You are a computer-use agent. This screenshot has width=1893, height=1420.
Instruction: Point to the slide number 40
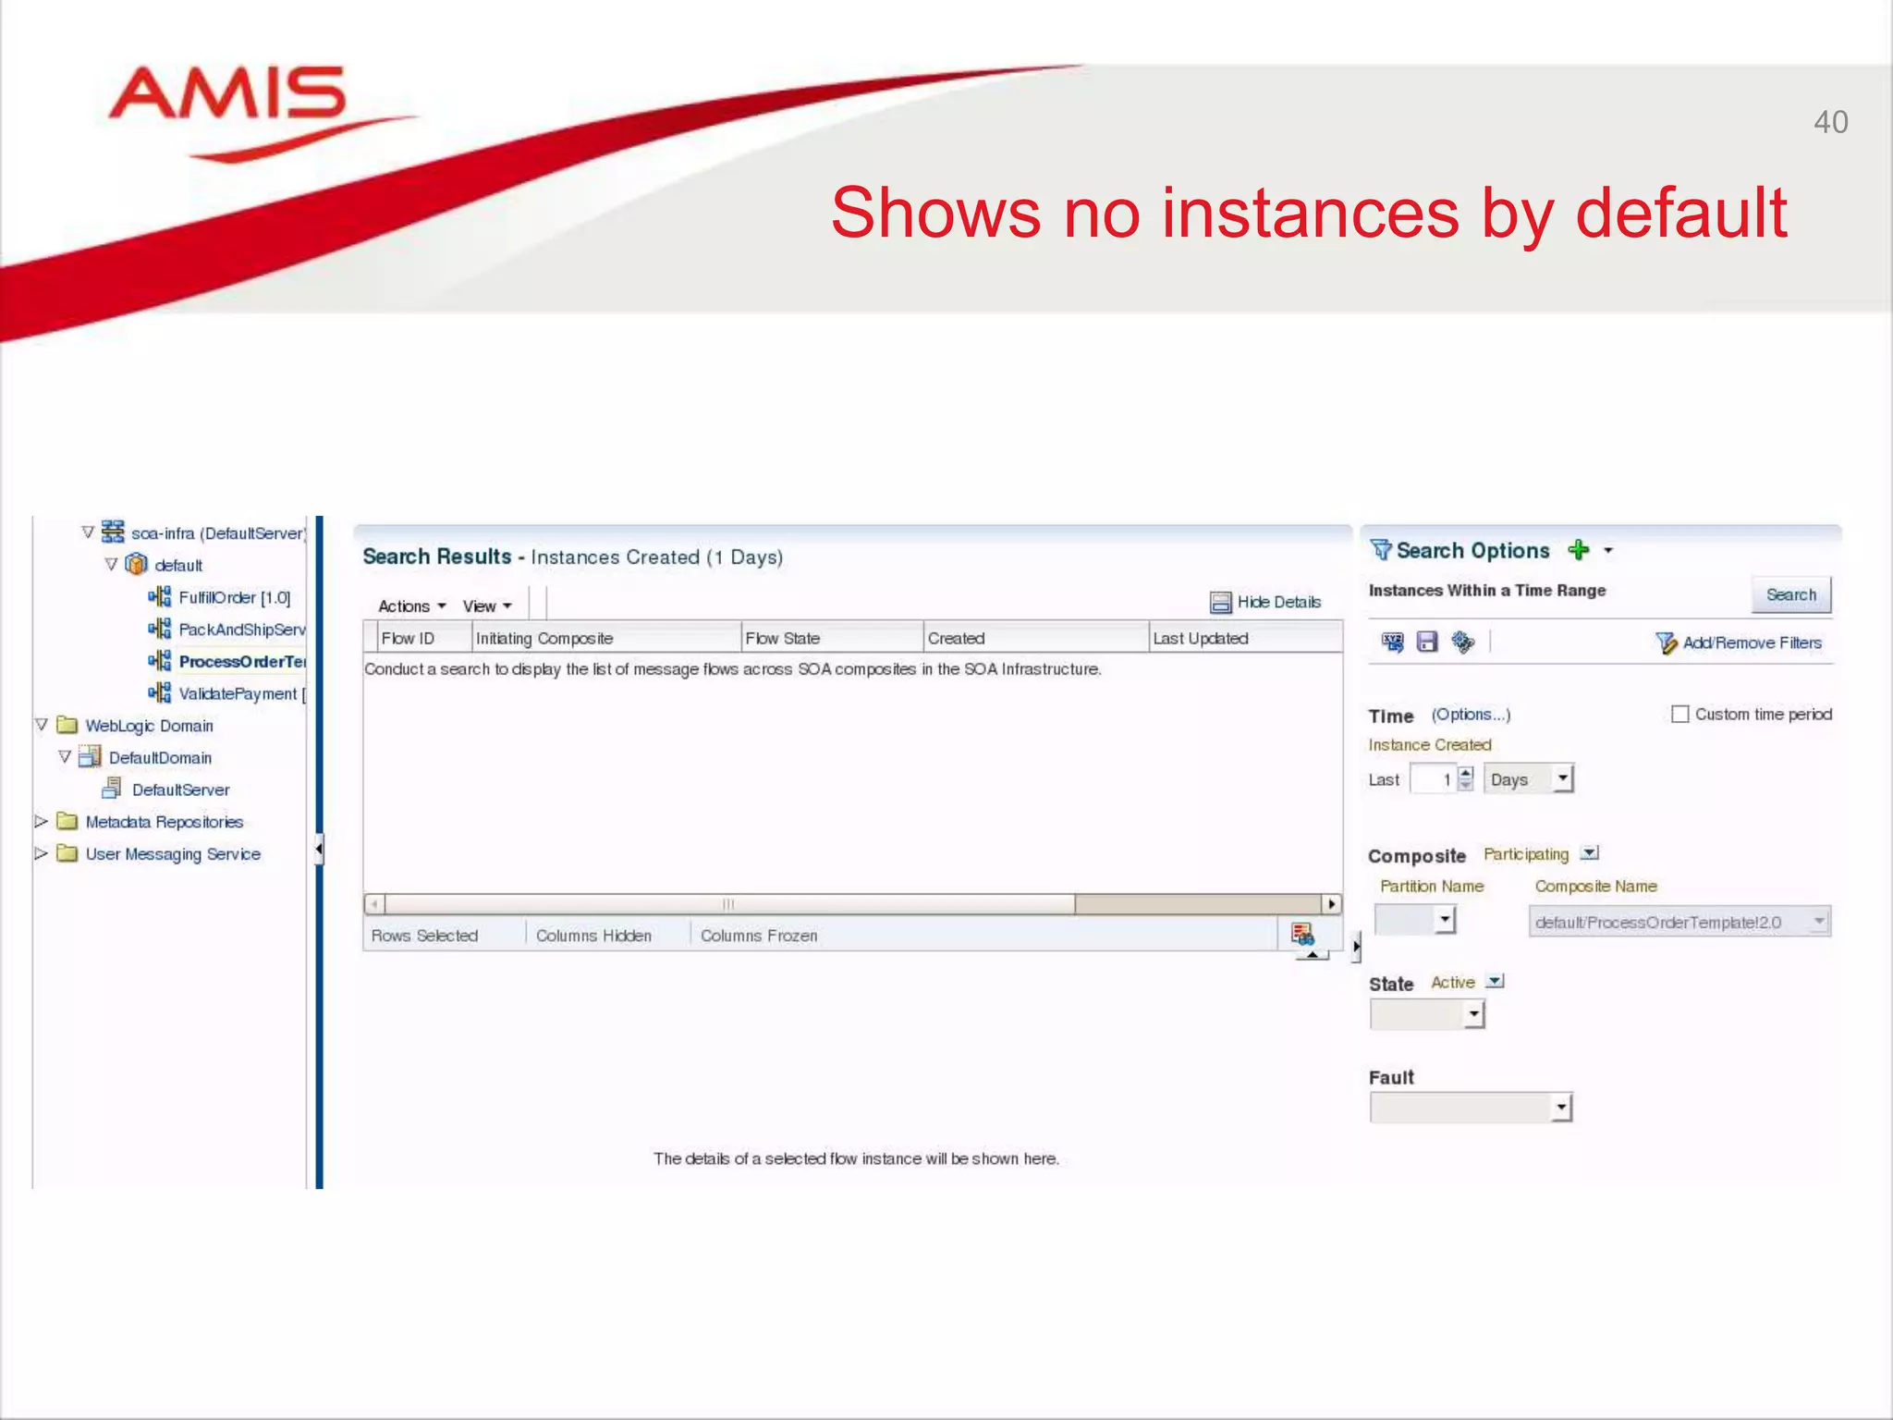[1829, 122]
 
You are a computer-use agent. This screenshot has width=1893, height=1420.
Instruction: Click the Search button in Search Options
[1790, 594]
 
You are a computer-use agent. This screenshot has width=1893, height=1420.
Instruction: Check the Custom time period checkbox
[1679, 714]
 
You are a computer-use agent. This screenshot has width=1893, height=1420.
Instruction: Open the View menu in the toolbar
[486, 606]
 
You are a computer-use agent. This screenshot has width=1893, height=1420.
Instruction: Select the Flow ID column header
[408, 638]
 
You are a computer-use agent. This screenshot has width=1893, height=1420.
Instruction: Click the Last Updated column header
[1200, 638]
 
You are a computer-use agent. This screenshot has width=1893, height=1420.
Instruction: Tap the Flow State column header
[782, 638]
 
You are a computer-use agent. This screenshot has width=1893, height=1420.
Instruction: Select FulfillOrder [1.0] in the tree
[234, 598]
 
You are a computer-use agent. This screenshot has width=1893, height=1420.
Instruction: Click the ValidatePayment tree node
[237, 693]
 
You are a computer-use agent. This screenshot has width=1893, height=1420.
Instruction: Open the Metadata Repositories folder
[164, 822]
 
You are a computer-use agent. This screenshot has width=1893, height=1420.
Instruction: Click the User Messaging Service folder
[172, 854]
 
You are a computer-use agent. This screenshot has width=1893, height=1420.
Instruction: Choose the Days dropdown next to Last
[1528, 779]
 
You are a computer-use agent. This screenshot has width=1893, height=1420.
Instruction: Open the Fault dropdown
[1471, 1107]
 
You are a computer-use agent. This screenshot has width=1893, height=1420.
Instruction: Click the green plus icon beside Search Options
[1578, 550]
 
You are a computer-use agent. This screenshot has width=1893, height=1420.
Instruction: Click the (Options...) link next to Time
[1470, 715]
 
